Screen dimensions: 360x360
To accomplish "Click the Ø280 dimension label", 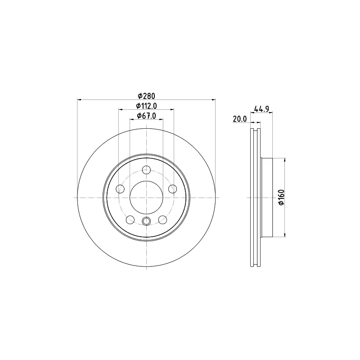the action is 146,95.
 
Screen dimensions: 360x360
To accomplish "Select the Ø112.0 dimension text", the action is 146,106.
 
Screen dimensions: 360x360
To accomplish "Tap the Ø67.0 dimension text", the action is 146,116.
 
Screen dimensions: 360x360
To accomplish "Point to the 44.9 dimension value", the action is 261,108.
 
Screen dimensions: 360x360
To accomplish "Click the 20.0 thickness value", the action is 240,119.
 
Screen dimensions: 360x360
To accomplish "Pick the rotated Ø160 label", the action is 281,198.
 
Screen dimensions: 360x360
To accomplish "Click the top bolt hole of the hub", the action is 147,170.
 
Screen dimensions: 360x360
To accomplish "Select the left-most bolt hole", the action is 120,189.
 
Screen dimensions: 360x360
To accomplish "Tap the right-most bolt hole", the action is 173,189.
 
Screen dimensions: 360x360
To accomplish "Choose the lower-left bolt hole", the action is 130,220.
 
